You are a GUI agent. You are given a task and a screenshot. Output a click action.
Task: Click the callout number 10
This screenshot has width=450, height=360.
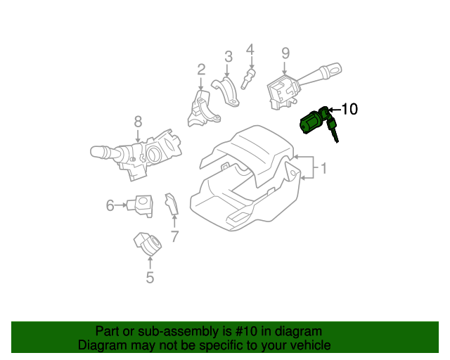(349, 109)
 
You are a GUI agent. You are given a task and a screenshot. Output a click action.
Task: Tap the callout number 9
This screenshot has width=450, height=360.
(285, 53)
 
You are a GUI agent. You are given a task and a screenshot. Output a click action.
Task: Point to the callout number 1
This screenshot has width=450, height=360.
(324, 169)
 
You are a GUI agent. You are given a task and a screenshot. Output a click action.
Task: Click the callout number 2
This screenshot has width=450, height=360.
(201, 69)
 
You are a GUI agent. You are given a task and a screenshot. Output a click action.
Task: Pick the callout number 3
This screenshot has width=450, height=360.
(229, 56)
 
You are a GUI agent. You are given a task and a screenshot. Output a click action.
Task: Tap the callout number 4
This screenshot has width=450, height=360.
(250, 49)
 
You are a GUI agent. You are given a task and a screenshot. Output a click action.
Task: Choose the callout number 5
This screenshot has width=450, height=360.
(150, 278)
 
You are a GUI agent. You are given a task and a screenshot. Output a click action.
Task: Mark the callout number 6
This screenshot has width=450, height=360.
(110, 205)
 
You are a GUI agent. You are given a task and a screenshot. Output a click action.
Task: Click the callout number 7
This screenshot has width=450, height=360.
(174, 236)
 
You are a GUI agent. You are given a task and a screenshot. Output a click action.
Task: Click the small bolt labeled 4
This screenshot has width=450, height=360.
(247, 79)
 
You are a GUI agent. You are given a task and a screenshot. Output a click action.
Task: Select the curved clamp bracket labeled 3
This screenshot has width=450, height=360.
(226, 92)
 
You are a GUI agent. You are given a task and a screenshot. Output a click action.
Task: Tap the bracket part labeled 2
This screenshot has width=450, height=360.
(198, 108)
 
